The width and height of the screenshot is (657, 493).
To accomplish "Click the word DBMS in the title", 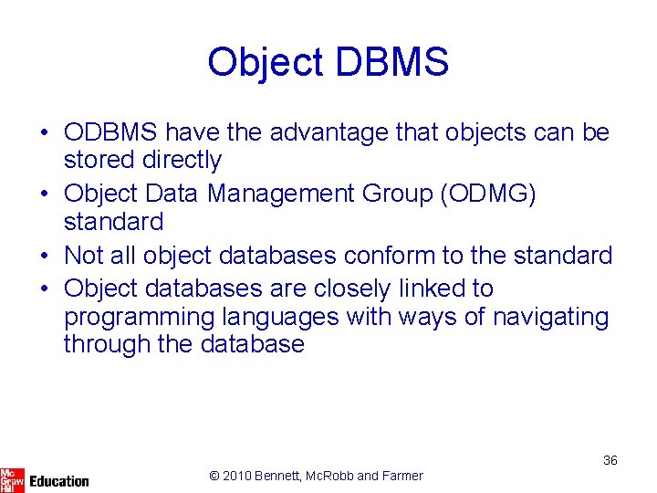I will [392, 62].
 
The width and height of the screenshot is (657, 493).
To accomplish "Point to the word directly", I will [182, 160].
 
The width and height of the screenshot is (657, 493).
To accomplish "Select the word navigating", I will [550, 317].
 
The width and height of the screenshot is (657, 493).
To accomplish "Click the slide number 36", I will [610, 460].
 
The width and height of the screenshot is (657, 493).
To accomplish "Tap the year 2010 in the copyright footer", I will [239, 476].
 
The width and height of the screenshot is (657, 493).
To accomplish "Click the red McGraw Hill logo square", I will [12, 478].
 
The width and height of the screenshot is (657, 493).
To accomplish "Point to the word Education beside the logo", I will [59, 481].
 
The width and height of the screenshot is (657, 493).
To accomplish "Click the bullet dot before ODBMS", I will [44, 133].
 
